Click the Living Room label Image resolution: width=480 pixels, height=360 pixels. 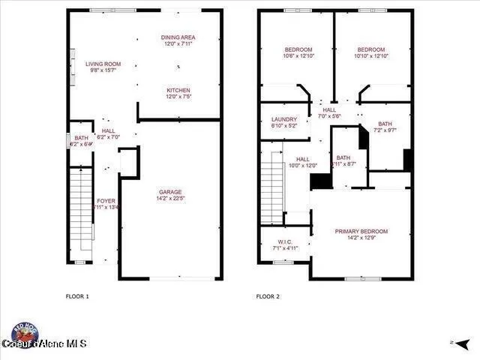pos(103,64)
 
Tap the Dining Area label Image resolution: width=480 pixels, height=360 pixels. pos(178,37)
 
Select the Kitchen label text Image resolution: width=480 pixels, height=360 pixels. pos(178,90)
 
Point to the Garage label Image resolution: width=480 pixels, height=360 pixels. pos(171,191)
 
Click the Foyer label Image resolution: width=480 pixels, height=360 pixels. pos(106,201)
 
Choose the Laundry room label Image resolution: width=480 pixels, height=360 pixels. pos(283,119)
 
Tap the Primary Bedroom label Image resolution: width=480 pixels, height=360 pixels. pos(361,231)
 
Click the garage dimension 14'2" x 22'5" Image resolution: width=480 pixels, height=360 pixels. pos(171,199)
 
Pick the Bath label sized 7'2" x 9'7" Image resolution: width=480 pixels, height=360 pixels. pos(385,124)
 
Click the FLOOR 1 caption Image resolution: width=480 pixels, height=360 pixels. pos(77,296)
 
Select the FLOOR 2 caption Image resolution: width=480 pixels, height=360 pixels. pos(268,296)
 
